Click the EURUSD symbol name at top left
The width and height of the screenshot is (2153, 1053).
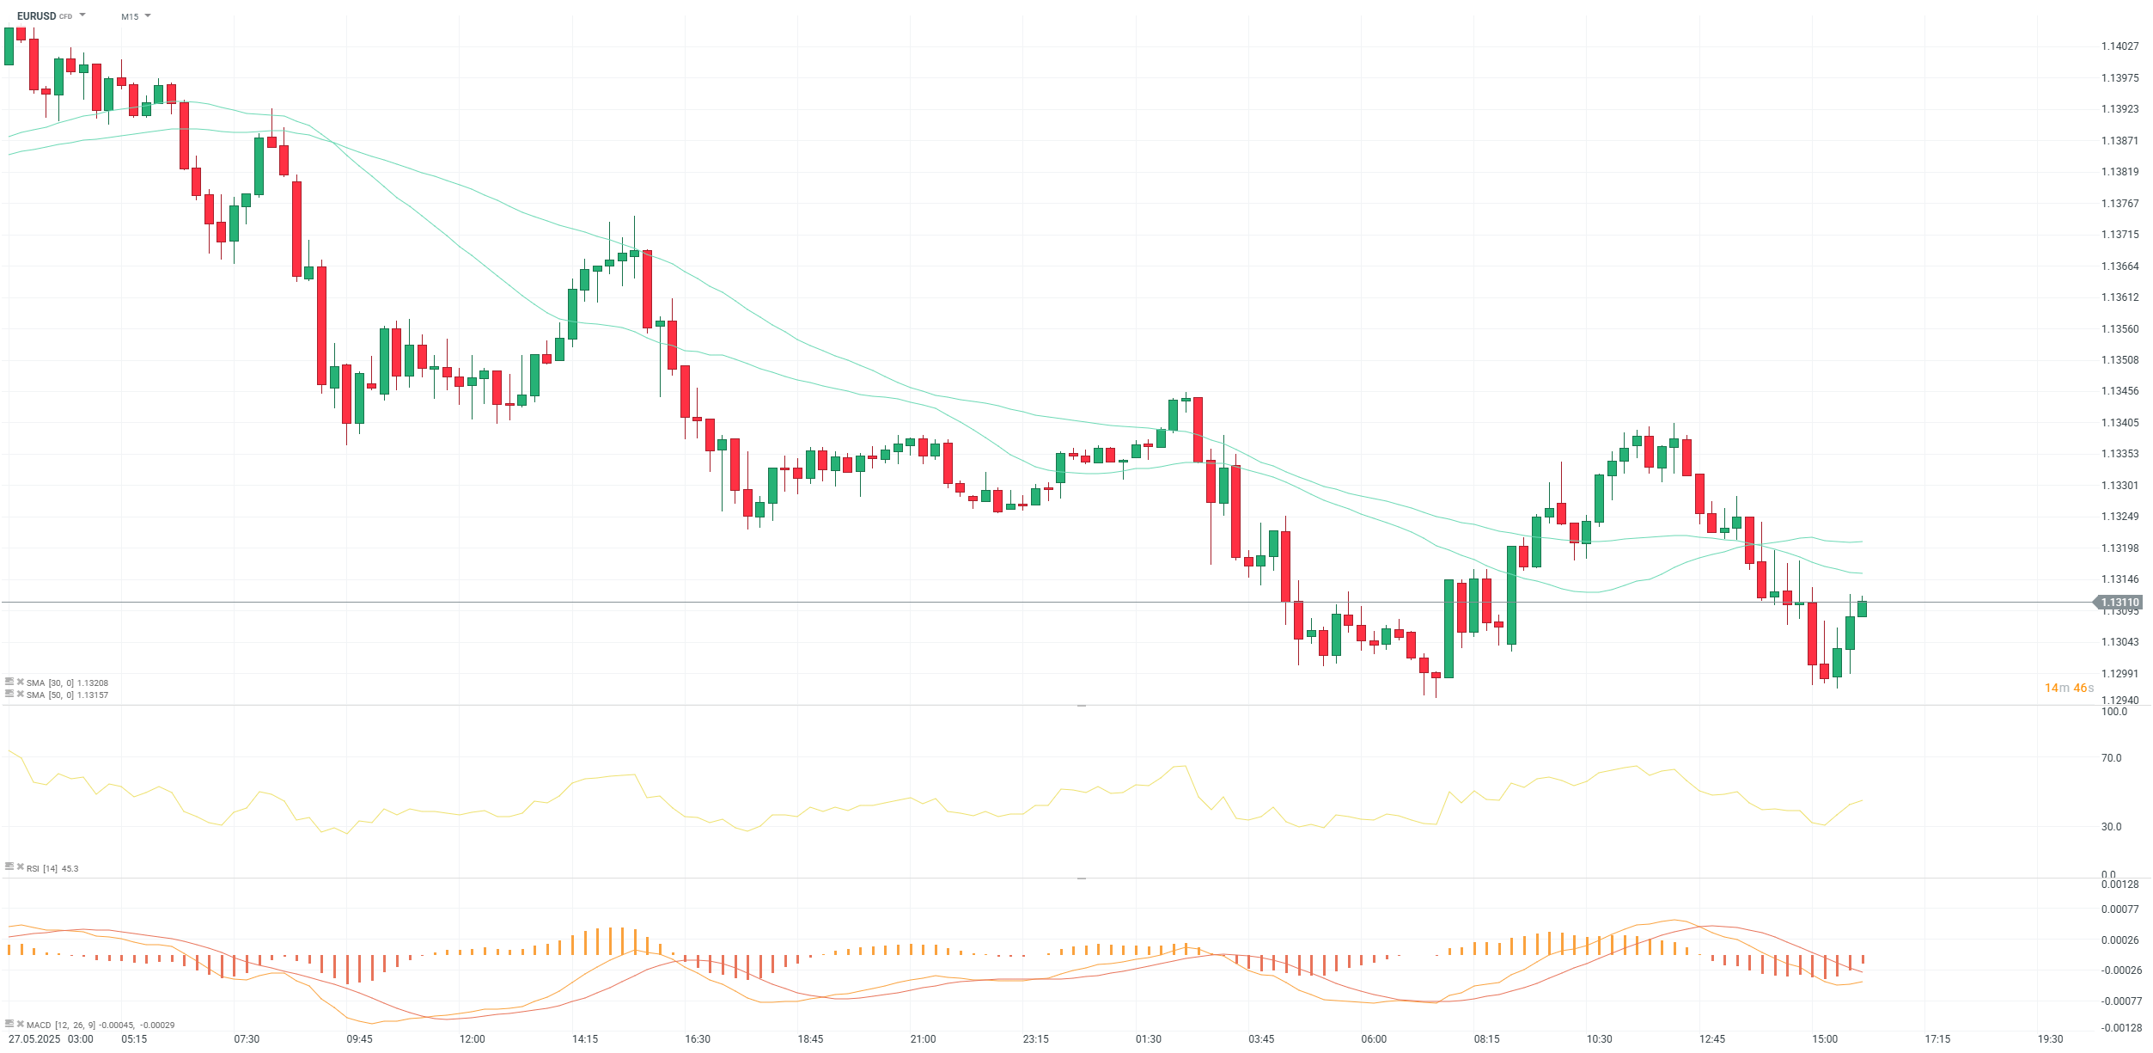pos(36,16)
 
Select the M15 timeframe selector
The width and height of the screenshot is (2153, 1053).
pos(130,16)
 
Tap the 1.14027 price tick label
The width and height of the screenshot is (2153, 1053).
pos(2119,46)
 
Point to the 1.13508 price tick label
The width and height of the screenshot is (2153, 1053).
pos(2119,360)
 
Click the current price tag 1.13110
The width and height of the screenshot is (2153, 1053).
pos(2119,603)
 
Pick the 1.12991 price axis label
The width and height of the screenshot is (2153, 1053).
pos(2119,674)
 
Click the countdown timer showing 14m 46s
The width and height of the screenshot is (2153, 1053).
pos(2069,688)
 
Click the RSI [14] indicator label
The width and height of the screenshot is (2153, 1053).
pos(52,868)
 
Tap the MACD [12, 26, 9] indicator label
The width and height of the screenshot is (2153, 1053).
pos(100,1025)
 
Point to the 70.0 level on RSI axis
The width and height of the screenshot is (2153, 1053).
pos(2111,758)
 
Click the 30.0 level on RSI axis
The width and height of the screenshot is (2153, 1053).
pos(2111,827)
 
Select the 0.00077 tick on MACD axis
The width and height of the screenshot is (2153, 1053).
pos(2119,909)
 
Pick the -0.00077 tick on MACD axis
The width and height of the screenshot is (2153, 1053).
pos(2119,1001)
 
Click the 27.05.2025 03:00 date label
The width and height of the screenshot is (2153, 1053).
pos(51,1039)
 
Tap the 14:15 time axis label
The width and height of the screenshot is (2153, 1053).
pos(585,1039)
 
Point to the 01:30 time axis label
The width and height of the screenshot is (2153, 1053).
pos(1149,1039)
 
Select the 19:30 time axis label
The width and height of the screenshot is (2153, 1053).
pos(2050,1039)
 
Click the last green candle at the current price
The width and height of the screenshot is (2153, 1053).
pos(1862,609)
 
